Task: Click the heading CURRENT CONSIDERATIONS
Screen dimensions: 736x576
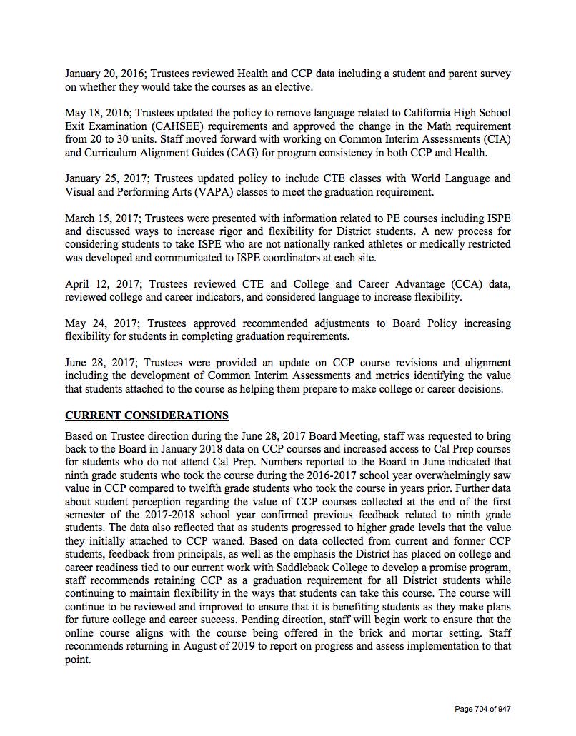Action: point(147,415)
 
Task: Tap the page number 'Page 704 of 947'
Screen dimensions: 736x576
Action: point(483,709)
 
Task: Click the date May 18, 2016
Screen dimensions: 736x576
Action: point(97,113)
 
